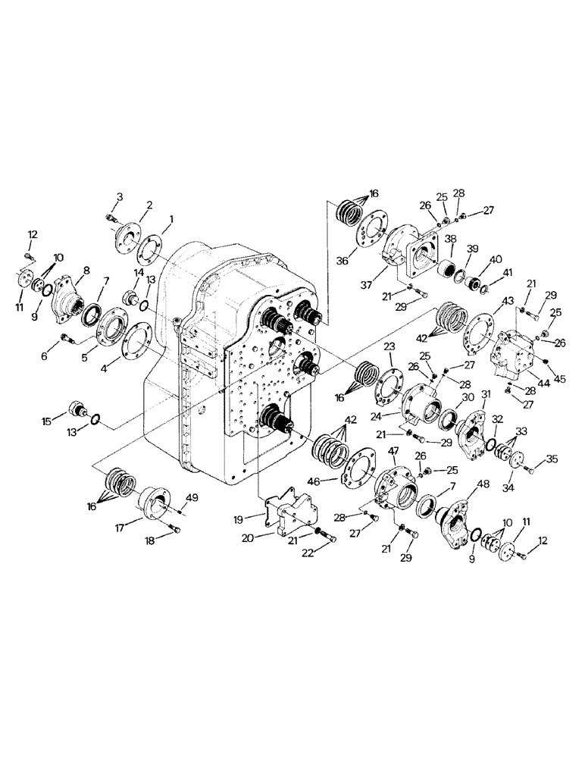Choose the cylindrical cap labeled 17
(159, 500)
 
